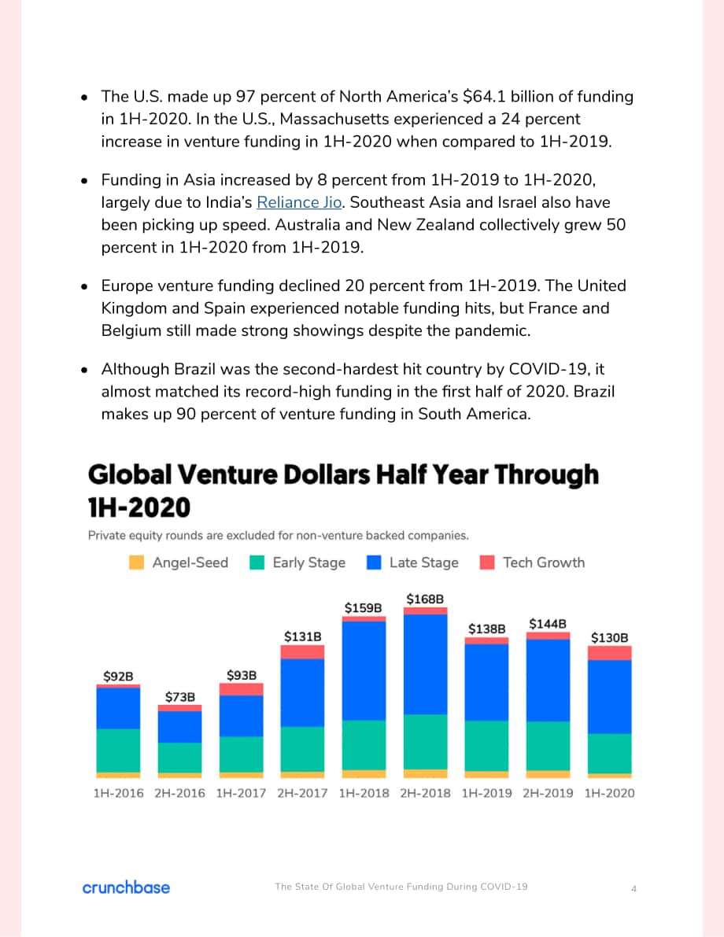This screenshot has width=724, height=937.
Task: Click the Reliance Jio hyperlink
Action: (299, 202)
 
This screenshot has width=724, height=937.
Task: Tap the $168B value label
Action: (425, 599)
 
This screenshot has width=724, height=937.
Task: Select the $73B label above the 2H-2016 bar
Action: (180, 697)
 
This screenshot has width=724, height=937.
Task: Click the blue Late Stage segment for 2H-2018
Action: (425, 664)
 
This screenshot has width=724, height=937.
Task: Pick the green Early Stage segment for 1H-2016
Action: (118, 751)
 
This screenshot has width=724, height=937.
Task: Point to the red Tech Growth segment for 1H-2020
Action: (610, 653)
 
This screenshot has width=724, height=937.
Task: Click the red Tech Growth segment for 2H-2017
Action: (302, 652)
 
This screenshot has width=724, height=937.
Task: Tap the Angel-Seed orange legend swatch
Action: (136, 563)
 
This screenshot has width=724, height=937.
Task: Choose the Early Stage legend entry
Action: (297, 563)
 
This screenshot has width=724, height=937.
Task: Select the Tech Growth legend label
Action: (544, 563)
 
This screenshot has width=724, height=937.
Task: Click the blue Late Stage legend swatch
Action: (374, 563)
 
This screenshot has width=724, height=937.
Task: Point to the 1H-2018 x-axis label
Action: (364, 793)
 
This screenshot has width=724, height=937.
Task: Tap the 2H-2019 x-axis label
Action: (548, 793)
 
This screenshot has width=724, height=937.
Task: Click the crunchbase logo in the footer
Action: (126, 887)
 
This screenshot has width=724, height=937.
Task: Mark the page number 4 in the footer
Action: (633, 888)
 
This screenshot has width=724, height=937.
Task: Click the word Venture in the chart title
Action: (227, 474)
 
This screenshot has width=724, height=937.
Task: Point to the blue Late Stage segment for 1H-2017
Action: (241, 716)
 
